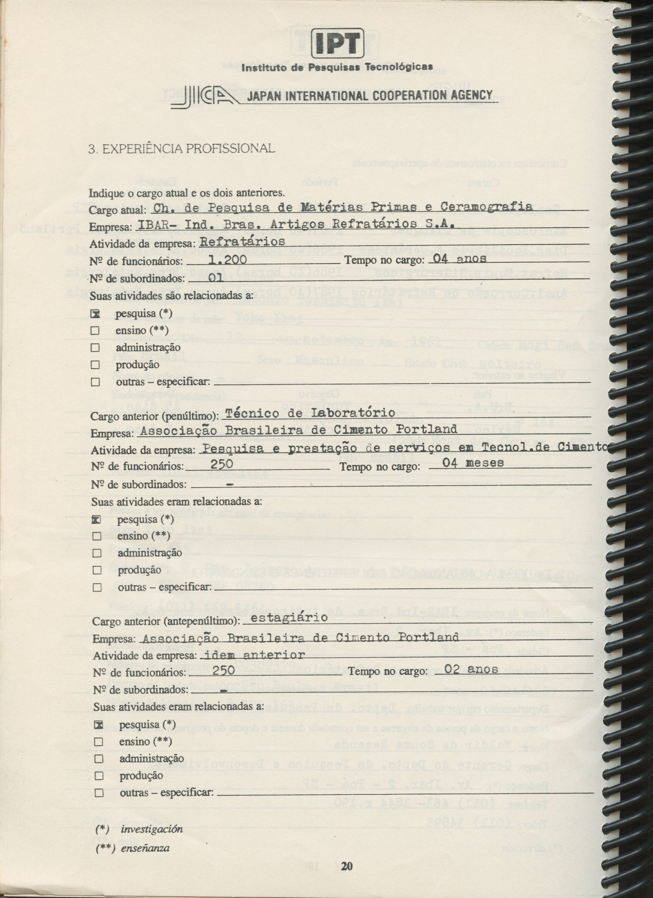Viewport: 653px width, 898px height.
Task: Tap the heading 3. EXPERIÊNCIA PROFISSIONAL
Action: [x=181, y=148]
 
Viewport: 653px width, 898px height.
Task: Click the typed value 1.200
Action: [x=227, y=260]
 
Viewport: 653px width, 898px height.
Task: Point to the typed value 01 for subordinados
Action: [x=216, y=277]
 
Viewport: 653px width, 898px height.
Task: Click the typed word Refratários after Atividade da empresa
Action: [x=242, y=241]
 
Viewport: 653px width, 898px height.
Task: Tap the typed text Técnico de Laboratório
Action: [x=309, y=413]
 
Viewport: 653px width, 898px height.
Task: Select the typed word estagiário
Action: [x=289, y=617]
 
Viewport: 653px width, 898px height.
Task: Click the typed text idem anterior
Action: [x=253, y=655]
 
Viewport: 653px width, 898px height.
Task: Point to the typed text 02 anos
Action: [x=471, y=669]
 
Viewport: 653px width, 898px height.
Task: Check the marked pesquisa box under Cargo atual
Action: [x=95, y=314]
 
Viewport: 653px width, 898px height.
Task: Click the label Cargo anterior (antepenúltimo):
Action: [x=166, y=622]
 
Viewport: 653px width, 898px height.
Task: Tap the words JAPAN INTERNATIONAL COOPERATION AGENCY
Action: [x=369, y=95]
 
